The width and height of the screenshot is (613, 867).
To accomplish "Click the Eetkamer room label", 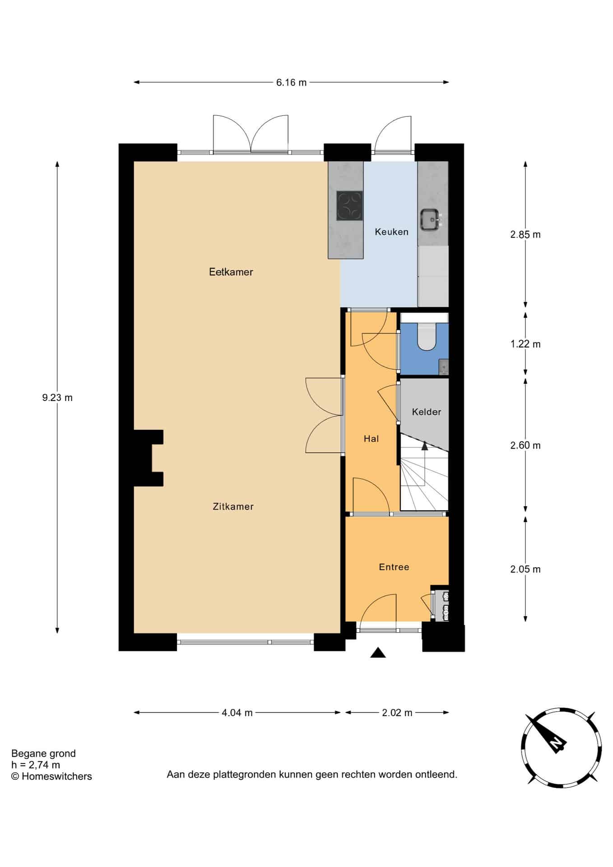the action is click(x=231, y=272).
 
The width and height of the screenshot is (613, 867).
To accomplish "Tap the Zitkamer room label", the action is click(x=233, y=507).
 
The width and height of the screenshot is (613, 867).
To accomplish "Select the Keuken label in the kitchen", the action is click(x=391, y=232).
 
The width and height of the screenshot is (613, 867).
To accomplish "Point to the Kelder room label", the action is click(x=426, y=412).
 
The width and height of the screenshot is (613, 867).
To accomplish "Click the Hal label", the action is click(x=371, y=438).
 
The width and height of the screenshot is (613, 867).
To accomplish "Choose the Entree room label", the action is click(x=394, y=567).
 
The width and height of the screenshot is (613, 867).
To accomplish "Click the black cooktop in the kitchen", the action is click(x=349, y=206).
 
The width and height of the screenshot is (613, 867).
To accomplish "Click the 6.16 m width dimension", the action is click(x=291, y=82).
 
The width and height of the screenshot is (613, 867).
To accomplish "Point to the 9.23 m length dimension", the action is click(x=57, y=398).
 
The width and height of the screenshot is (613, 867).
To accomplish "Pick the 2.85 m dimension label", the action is click(x=525, y=234).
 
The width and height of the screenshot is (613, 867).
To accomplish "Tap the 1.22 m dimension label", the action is click(x=525, y=344).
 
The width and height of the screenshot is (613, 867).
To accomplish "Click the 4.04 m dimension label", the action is click(x=237, y=713).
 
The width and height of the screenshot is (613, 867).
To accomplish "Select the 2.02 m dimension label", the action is click(x=397, y=713).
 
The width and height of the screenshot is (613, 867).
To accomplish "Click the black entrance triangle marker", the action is click(x=378, y=653).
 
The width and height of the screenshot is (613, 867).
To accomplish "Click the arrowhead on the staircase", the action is click(x=424, y=446).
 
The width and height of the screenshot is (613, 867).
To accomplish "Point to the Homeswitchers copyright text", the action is click(x=51, y=776).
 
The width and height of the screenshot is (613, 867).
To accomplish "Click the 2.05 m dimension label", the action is click(x=525, y=569).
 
